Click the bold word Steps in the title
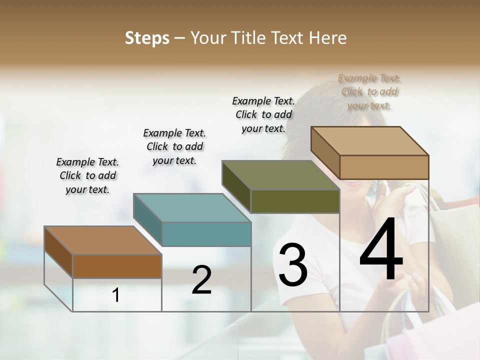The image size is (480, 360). point(147,38)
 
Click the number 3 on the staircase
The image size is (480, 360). point(293,265)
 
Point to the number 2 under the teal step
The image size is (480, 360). point(201,280)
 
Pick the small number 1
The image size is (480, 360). point(116,295)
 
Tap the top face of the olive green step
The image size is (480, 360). point(280,175)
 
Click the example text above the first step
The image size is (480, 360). point(87,175)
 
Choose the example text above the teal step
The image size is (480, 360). point(174,146)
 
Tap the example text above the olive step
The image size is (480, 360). point(263,114)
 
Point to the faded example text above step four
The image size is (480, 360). point(369,91)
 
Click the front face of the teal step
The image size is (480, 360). point(206,234)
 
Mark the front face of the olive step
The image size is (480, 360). point(295,201)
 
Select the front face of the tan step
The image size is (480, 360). point(384,167)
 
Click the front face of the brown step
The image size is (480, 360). point(117,266)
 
